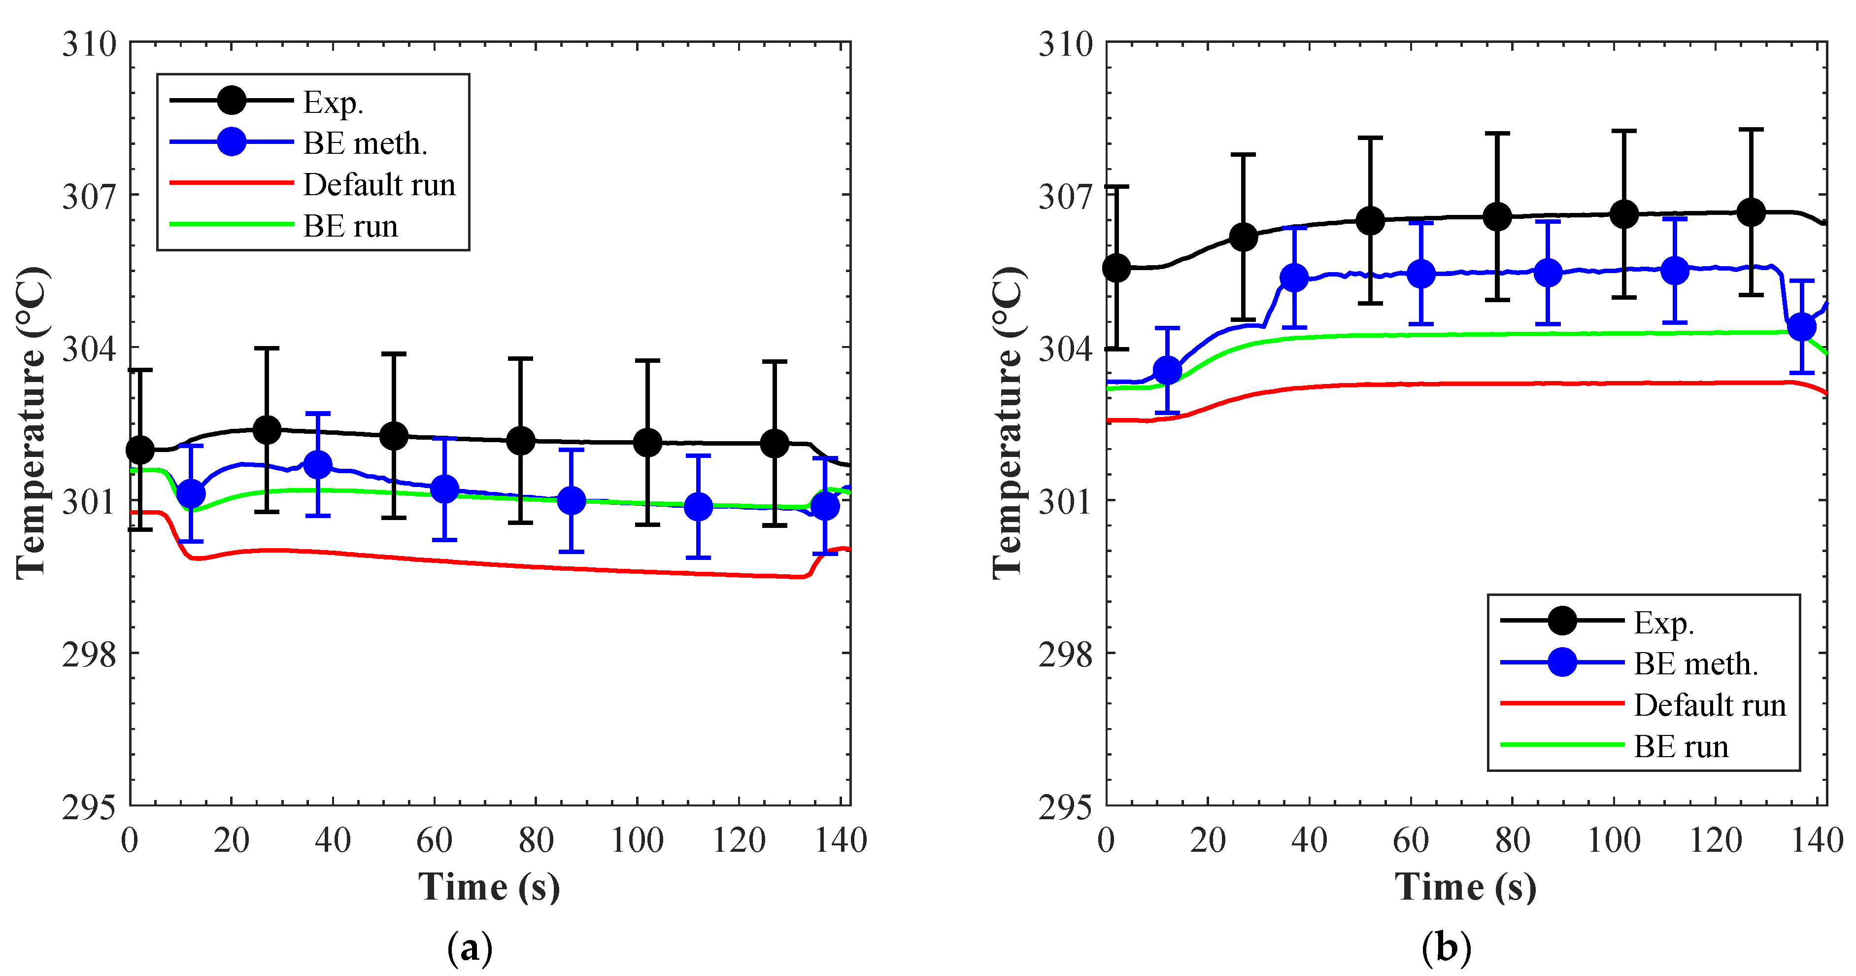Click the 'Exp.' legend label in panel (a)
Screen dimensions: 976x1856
(x=333, y=103)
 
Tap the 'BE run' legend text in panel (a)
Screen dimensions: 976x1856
(x=350, y=226)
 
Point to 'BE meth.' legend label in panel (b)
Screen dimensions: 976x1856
(x=1695, y=664)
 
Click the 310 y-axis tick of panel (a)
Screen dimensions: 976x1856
(x=89, y=45)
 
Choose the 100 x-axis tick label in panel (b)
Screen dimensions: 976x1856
(x=1614, y=840)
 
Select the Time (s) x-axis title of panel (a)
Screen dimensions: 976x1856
(x=489, y=887)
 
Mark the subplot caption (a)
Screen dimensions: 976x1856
(x=470, y=948)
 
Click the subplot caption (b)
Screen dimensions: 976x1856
(x=1446, y=948)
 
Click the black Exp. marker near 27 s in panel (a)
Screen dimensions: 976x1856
(x=267, y=430)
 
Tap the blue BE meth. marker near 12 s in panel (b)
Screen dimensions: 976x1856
(x=1167, y=371)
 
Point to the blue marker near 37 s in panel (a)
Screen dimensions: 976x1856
(x=318, y=465)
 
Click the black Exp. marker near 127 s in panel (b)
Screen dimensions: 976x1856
(x=1751, y=212)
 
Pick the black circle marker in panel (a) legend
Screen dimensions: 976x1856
(x=231, y=100)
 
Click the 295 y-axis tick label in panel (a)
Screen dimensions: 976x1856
(x=89, y=807)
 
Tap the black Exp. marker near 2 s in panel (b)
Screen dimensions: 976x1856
(x=1117, y=268)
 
